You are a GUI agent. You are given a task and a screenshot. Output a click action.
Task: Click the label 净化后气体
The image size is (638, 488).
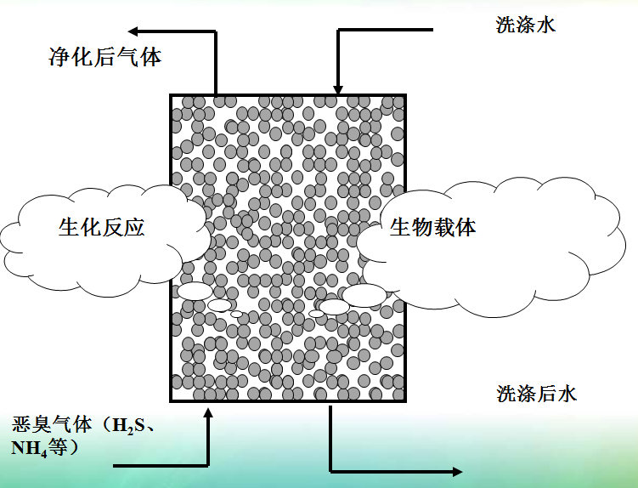click(x=104, y=58)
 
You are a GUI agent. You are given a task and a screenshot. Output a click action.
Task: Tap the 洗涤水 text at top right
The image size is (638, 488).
click(x=526, y=25)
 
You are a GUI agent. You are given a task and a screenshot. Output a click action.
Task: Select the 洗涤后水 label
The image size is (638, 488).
click(x=537, y=394)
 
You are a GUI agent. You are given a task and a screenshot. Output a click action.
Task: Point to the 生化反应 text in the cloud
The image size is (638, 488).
click(x=101, y=227)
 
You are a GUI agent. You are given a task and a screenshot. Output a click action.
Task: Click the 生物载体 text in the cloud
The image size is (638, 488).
click(x=432, y=227)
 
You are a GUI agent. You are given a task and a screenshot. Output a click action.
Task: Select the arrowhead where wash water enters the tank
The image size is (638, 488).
click(x=338, y=89)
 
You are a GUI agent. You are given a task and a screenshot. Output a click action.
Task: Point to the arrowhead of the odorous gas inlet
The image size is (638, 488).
click(x=208, y=413)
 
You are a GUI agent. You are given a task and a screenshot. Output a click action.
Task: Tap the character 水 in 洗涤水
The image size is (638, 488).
click(x=546, y=25)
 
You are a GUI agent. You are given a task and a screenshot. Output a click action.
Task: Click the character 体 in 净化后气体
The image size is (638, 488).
click(x=150, y=58)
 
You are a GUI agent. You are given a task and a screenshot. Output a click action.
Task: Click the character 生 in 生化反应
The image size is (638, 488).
click(x=69, y=227)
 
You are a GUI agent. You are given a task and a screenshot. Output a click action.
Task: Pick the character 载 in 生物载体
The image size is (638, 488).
click(x=443, y=227)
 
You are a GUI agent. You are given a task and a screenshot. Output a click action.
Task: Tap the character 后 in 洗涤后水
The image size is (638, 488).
click(x=547, y=394)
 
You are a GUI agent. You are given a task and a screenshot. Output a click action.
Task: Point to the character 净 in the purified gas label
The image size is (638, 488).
click(x=58, y=58)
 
